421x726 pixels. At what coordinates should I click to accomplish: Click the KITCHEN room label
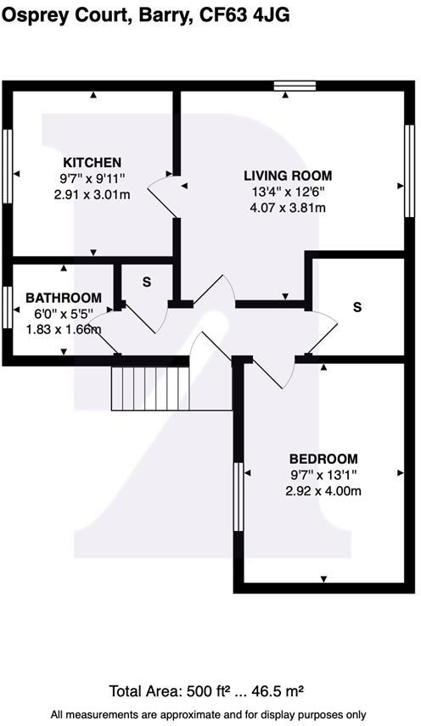point(93,162)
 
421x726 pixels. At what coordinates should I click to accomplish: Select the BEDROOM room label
point(323,458)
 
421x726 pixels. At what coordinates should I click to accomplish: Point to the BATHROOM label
point(64,298)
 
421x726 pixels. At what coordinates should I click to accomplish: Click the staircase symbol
point(149,388)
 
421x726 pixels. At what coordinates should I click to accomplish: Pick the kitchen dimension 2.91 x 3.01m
point(93,194)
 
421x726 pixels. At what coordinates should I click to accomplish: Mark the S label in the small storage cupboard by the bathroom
point(146,282)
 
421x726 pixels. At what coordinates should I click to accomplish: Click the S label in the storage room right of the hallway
point(356,307)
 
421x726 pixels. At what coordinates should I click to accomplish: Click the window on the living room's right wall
point(408,170)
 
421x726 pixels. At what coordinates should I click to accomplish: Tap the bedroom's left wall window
point(239,496)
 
